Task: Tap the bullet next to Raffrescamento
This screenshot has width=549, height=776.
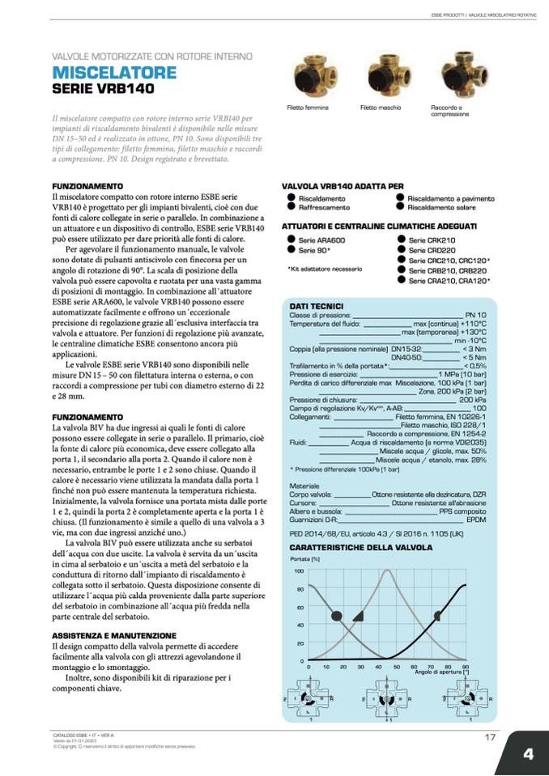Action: [288, 207]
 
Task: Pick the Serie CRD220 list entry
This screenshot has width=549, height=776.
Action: [427, 251]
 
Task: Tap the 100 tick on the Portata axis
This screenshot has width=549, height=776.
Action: [299, 571]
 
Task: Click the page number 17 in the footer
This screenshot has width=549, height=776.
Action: [490, 736]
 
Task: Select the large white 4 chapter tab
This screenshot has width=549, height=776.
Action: [528, 753]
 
